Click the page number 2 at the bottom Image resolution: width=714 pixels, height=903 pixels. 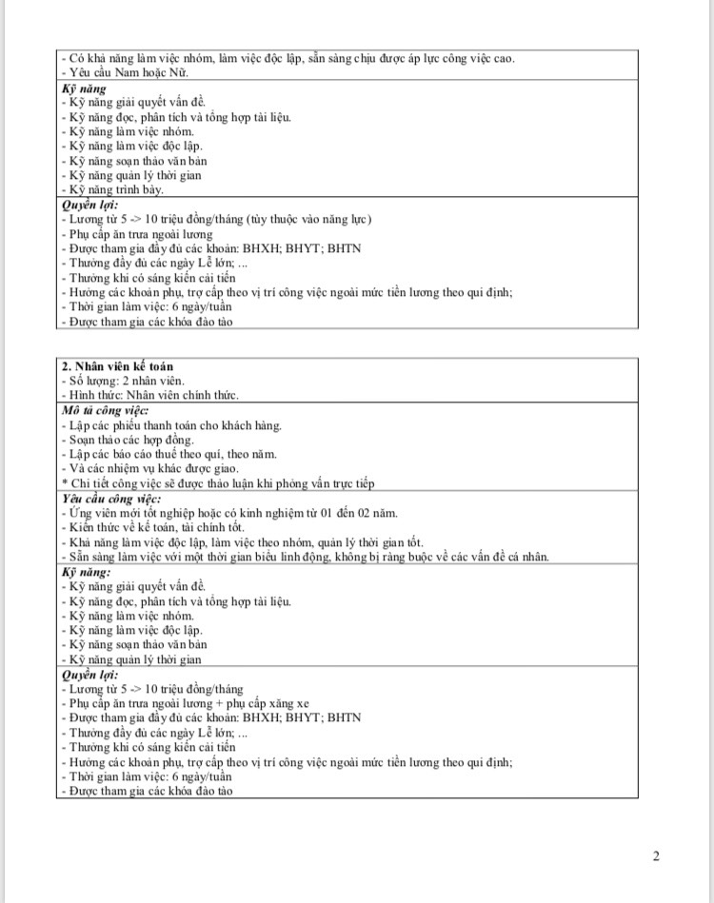coord(656,855)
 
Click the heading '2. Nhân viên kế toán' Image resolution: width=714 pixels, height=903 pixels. coord(117,366)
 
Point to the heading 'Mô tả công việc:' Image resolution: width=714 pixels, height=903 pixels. coord(99,410)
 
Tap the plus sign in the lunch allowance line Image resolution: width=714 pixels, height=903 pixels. coord(231,703)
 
